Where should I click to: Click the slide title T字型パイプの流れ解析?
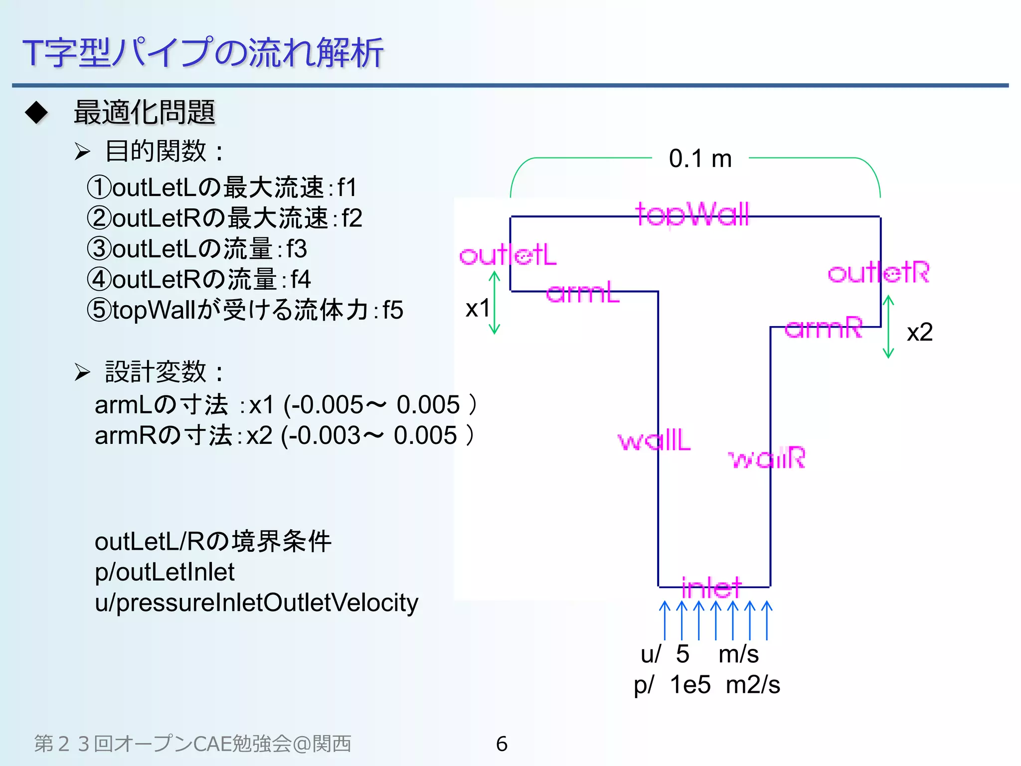pyautogui.click(x=202, y=52)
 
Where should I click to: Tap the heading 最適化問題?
pyautogui.click(x=144, y=112)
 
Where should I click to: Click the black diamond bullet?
pyautogui.click(x=36, y=112)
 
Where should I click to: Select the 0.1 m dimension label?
pyautogui.click(x=700, y=159)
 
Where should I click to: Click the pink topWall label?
pyautogui.click(x=692, y=214)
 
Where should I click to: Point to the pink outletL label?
pyautogui.click(x=508, y=255)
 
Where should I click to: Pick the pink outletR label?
pyautogui.click(x=878, y=273)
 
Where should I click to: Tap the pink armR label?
pyautogui.click(x=823, y=328)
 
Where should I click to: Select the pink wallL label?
pyautogui.click(x=654, y=440)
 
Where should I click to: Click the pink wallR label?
pyautogui.click(x=767, y=458)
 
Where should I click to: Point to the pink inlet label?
pyautogui.click(x=711, y=587)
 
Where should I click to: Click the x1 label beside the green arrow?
pyautogui.click(x=477, y=308)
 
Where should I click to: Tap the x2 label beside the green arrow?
pyautogui.click(x=919, y=332)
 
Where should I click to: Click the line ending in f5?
pyautogui.click(x=244, y=310)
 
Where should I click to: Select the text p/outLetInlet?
pyautogui.click(x=165, y=572)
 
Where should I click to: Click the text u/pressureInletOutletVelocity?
pyautogui.click(x=256, y=602)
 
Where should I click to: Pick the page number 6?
pyautogui.click(x=502, y=744)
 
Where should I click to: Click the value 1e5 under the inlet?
pyautogui.click(x=690, y=685)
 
